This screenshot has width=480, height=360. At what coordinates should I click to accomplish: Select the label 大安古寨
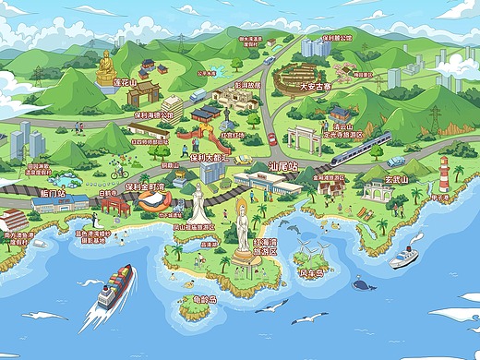(316, 87)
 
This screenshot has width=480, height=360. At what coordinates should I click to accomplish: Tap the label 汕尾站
(281, 166)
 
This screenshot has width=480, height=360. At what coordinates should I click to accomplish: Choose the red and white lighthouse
(444, 174)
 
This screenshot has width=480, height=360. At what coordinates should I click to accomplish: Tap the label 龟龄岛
(194, 299)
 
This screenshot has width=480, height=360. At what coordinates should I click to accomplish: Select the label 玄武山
(395, 179)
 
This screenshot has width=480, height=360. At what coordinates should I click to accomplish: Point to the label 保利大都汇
(209, 157)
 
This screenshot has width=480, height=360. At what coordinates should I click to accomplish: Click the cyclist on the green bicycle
(118, 172)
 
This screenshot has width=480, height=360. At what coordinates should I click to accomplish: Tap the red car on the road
(271, 138)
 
